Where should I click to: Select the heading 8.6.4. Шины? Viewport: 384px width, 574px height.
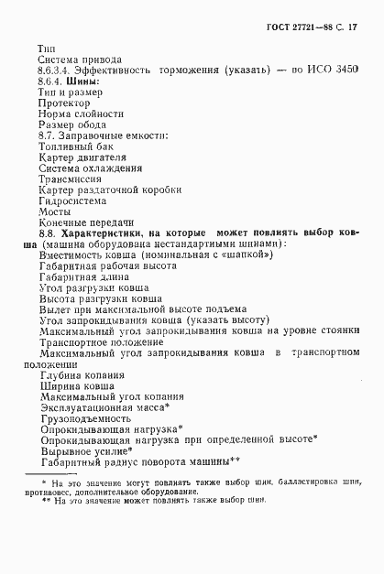(68, 82)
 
